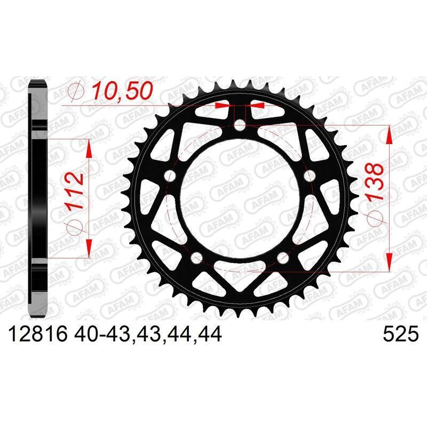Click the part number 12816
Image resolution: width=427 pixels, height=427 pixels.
point(37,335)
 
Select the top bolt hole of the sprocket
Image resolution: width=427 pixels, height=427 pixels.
point(240,126)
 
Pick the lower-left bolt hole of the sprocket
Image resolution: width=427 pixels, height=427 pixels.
point(197,257)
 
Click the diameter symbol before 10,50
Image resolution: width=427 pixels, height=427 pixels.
point(76,91)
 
